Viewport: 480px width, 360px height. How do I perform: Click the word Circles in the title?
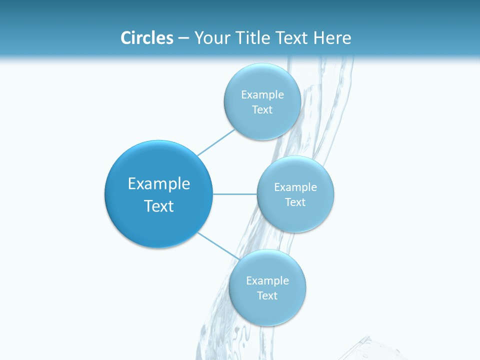point(146,38)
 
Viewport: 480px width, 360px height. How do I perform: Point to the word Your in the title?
point(210,38)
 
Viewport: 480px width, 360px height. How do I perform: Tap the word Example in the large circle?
point(159,184)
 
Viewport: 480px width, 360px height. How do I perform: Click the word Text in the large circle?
point(159,206)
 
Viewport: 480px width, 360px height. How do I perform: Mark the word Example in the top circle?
point(262,95)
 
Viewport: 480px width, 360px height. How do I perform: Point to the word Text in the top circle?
point(262,109)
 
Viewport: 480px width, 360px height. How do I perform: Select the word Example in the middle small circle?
point(295,187)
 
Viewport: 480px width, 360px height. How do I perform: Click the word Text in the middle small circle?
point(295,202)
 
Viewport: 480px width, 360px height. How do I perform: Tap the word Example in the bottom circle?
point(267,281)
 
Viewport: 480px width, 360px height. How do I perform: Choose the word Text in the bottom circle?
point(267,295)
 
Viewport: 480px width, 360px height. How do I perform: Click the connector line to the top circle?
point(216,142)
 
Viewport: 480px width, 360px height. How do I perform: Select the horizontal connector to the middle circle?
point(235,194)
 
